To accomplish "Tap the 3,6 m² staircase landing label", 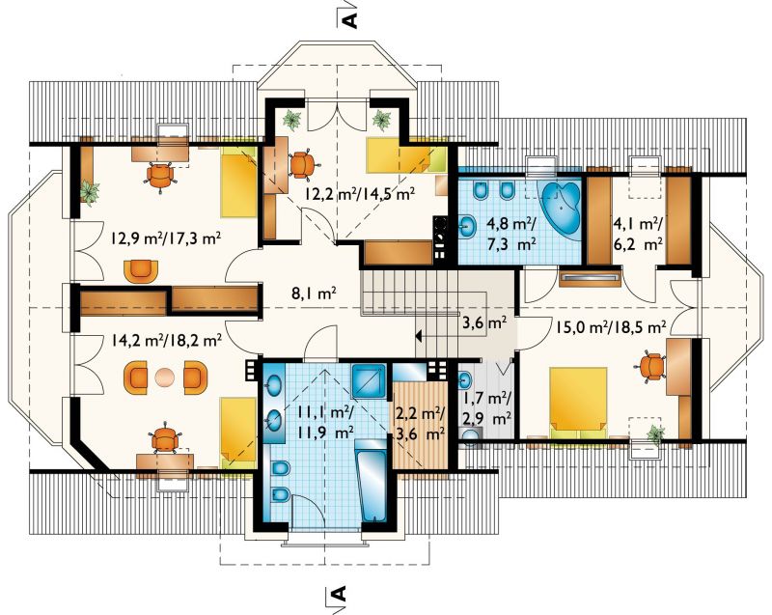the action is [484, 323].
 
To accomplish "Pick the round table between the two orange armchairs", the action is [164, 377].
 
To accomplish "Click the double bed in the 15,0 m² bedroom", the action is [578, 402].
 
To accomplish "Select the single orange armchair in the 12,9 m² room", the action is [142, 270].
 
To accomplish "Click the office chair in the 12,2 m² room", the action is [302, 164].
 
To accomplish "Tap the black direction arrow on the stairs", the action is [419, 337].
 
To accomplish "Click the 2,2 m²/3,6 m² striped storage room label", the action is [421, 424].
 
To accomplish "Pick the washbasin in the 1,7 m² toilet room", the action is [465, 378].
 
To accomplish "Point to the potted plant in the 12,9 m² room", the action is [89, 191].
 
